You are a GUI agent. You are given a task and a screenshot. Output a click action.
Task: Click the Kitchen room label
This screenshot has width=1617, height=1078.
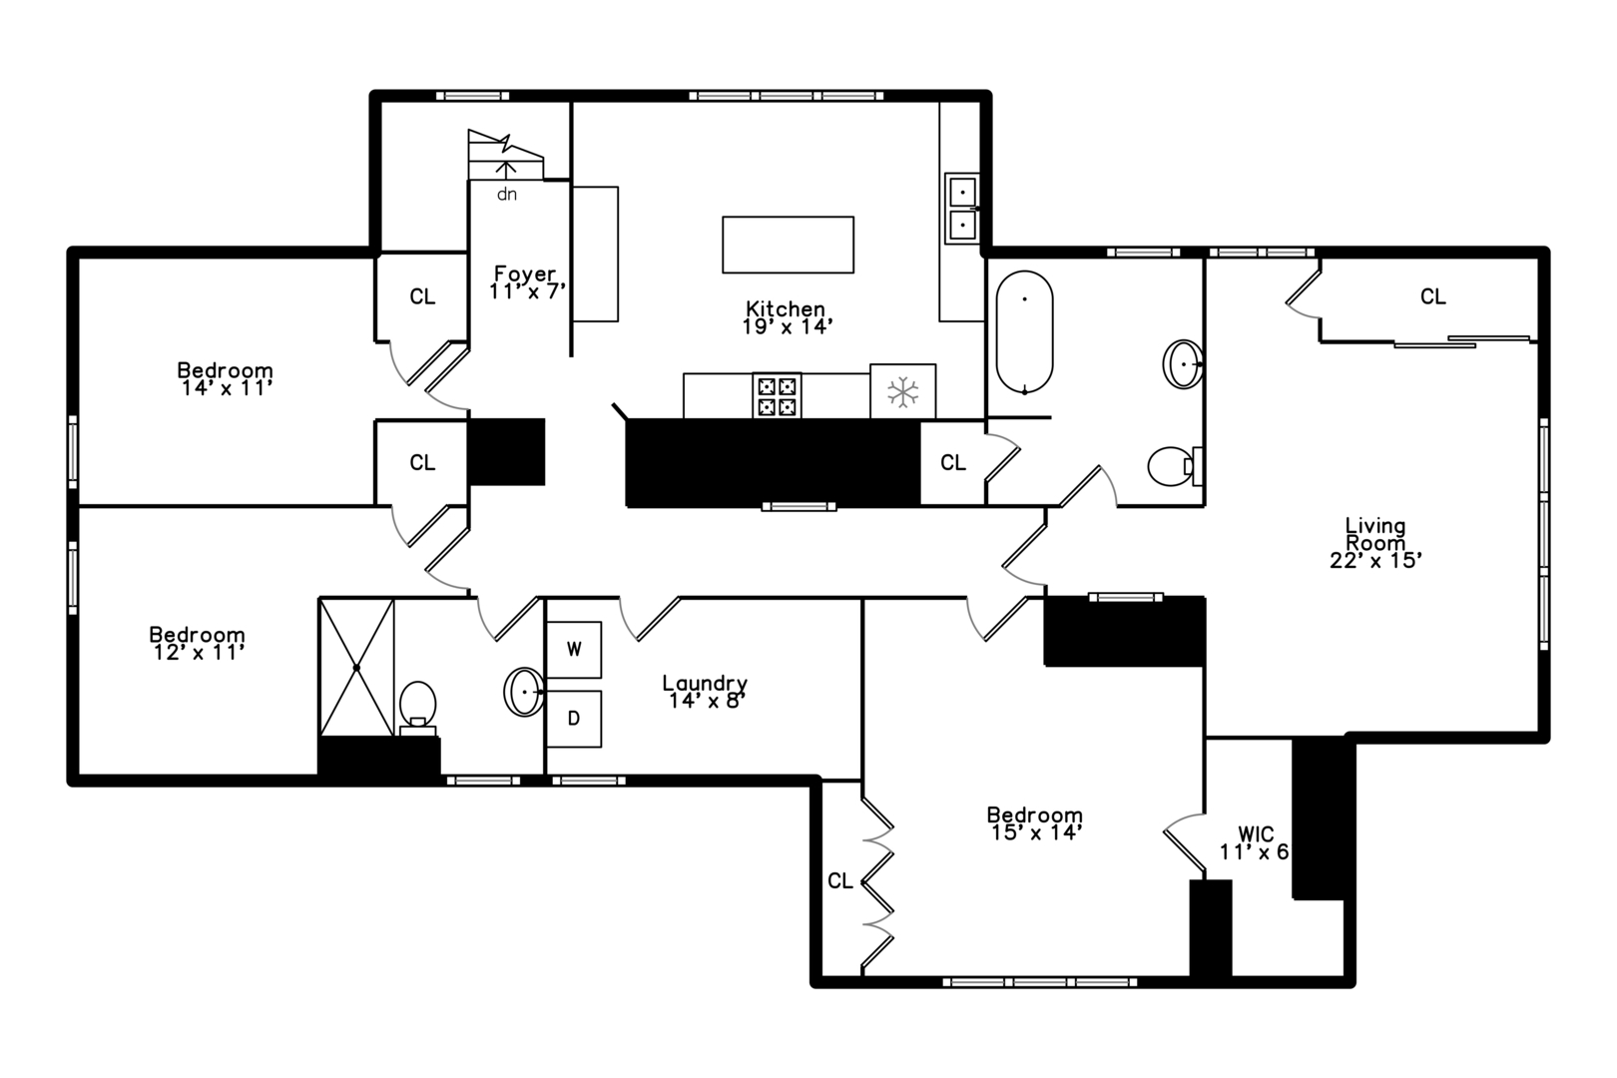click(x=786, y=309)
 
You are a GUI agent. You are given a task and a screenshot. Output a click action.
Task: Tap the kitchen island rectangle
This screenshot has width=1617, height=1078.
click(x=788, y=245)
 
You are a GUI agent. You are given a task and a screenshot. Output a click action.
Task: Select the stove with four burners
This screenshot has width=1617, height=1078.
click(x=777, y=395)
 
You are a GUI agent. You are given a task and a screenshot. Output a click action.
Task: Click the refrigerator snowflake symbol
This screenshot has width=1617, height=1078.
click(x=902, y=392)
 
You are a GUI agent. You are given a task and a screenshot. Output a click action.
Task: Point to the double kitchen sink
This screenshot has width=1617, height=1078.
click(x=962, y=209)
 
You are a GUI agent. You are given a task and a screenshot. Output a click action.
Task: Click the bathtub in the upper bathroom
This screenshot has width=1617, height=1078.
click(x=1024, y=332)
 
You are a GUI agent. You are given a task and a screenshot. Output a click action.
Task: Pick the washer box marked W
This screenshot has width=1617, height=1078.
click(x=574, y=649)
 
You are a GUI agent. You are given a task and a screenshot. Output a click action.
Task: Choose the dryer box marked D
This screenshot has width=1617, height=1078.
click(x=574, y=719)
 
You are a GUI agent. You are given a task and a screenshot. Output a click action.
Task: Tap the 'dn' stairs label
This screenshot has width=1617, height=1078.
click(x=507, y=195)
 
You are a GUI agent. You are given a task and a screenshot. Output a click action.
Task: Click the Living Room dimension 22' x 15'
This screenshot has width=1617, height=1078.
click(x=1375, y=560)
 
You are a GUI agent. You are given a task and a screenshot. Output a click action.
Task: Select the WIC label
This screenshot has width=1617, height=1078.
click(x=1256, y=833)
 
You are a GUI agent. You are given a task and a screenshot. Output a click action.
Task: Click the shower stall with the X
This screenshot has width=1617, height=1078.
click(x=356, y=667)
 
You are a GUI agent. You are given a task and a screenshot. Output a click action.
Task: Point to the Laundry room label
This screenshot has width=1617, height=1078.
click(x=705, y=683)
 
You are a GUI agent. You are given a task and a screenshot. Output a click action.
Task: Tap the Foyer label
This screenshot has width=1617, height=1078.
click(x=525, y=273)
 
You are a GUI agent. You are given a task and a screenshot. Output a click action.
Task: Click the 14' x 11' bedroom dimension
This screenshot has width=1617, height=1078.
click(x=227, y=388)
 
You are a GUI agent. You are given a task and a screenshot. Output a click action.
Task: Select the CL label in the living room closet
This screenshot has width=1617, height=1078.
click(x=1433, y=296)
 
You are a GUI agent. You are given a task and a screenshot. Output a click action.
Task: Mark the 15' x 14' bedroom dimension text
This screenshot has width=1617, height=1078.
click(x=1037, y=832)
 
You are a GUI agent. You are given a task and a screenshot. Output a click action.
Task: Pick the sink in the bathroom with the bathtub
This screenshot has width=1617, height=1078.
click(x=1183, y=364)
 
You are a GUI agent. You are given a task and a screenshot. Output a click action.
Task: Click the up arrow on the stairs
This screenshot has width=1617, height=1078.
click(x=506, y=170)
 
